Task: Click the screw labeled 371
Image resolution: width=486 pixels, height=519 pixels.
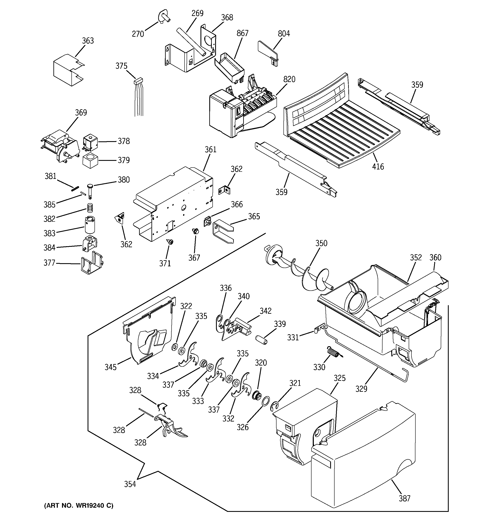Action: coord(170,242)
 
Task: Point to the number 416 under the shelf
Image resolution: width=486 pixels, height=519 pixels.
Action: coord(378,166)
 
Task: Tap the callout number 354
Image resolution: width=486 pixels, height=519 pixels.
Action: coord(130,484)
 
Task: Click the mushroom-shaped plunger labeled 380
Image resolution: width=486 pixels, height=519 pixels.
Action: coord(90,190)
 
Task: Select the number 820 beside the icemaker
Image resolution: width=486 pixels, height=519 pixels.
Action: coord(289,79)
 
